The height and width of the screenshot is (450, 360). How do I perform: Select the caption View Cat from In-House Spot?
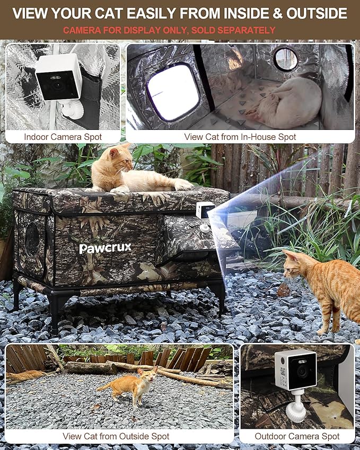click(x=240, y=137)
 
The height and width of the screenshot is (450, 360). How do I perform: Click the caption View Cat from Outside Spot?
click(x=116, y=436)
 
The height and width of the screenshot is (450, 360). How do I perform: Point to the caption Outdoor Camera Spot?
click(x=297, y=436)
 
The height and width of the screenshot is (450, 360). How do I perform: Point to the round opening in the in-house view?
click(x=285, y=59)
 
